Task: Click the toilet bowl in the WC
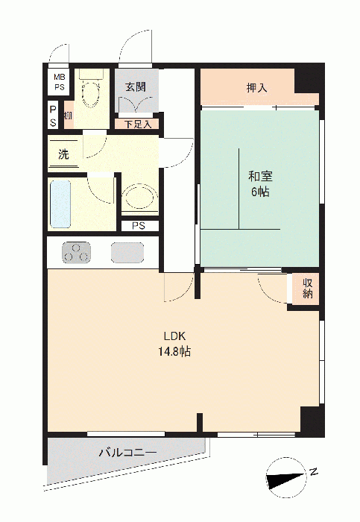pos(90,94)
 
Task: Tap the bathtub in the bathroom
pos(60,204)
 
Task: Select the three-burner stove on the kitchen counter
pos(76,252)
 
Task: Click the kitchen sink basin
pos(127,252)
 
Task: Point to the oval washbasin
pos(139,197)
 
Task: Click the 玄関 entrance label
pos(136,87)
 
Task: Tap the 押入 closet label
pos(256,88)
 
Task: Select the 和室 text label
pos(260,176)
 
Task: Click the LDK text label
pos(174,336)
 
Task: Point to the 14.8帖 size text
pos(174,351)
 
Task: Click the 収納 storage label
pos(307,289)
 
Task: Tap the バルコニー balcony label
pos(127,453)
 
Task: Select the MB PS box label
pos(60,81)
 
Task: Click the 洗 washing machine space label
pos(63,154)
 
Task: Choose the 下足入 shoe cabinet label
pos(138,125)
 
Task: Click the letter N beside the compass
pos(313,472)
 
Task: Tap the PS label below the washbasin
pos(139,226)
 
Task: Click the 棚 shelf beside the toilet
pos(69,115)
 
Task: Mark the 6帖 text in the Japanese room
pos(260,192)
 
